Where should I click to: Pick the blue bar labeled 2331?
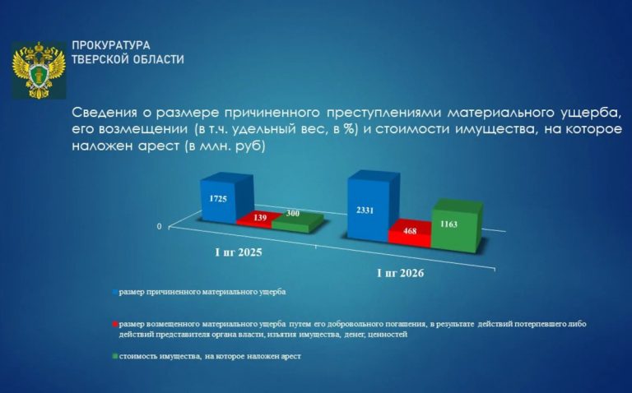pyautogui.click(x=368, y=206)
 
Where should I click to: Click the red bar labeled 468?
pyautogui.click(x=410, y=233)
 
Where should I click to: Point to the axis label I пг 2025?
pyautogui.click(x=239, y=252)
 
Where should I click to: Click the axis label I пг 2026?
pyautogui.click(x=400, y=274)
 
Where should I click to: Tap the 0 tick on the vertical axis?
pyautogui.click(x=159, y=227)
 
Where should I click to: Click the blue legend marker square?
pyautogui.click(x=115, y=293)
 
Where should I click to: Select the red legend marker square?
pyautogui.click(x=115, y=324)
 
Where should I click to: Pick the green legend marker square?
pyautogui.click(x=115, y=357)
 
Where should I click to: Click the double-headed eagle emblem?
pyautogui.click(x=39, y=70)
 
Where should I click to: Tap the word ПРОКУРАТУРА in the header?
pyautogui.click(x=111, y=45)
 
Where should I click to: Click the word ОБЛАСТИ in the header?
pyautogui.click(x=155, y=59)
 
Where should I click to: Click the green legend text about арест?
pyautogui.click(x=210, y=356)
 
